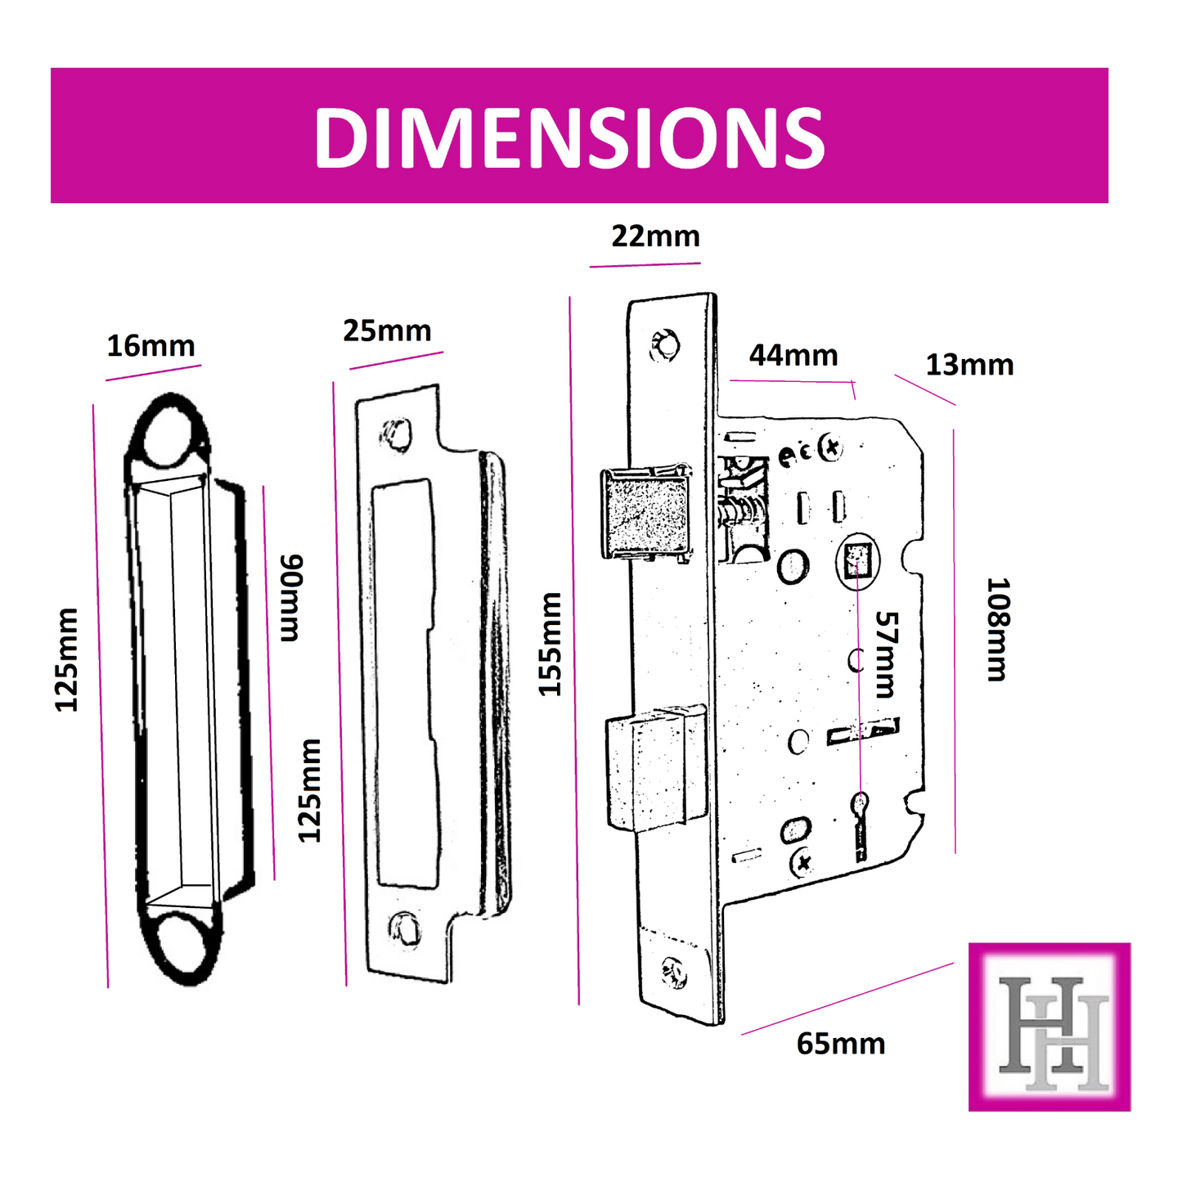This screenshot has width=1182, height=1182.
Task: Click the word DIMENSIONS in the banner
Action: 569,137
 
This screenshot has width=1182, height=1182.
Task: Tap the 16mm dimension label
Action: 151,346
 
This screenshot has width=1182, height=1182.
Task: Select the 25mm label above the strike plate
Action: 387,331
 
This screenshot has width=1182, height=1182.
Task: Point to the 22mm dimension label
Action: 655,236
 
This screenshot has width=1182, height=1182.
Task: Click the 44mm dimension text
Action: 793,356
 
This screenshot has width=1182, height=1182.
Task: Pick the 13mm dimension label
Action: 969,365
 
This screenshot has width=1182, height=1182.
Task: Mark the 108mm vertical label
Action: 999,629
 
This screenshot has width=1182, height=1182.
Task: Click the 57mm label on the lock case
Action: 887,654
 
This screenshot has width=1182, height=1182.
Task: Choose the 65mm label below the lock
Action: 841,1045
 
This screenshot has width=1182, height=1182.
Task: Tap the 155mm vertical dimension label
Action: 551,645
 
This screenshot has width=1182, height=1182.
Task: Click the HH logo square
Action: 1049,1027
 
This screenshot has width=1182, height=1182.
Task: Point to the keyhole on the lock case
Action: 860,806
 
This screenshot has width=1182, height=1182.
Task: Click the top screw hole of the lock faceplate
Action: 664,344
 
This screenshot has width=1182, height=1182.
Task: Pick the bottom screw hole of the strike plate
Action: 405,928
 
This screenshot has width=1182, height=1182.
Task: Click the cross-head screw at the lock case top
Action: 832,448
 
